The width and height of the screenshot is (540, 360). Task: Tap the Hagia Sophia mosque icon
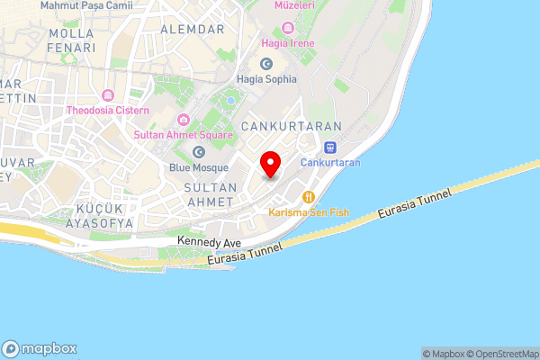[x=266, y=64]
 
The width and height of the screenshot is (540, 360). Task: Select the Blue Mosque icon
[x=199, y=152]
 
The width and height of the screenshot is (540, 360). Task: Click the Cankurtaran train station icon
[x=330, y=148]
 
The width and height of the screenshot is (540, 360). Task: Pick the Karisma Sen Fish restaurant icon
[x=308, y=197]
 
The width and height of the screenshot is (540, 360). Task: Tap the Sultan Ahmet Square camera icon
[x=184, y=120]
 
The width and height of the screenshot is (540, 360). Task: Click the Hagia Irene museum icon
[x=286, y=27]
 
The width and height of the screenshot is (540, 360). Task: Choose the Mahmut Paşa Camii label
[x=87, y=5]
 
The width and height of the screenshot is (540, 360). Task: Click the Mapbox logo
[x=40, y=349]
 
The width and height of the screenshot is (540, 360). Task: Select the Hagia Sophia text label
[x=266, y=79]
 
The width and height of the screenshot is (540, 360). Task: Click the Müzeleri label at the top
[x=293, y=5]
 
